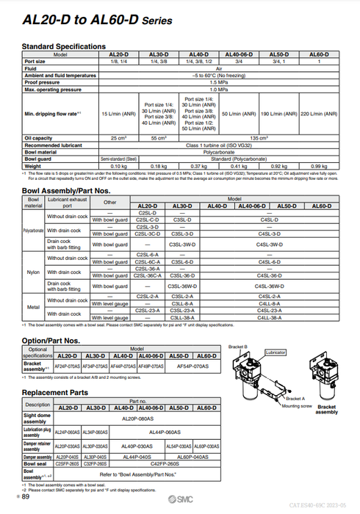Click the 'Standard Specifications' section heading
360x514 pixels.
64,46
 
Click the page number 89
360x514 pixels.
26,497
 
